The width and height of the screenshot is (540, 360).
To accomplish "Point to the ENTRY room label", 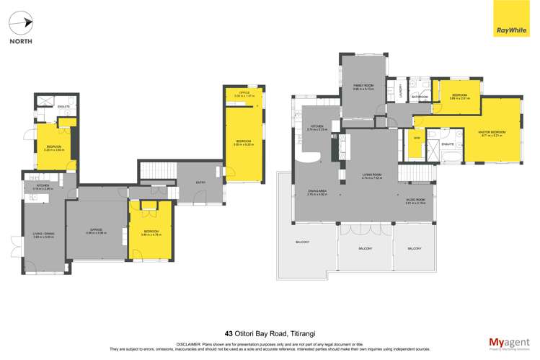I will (x=200, y=182).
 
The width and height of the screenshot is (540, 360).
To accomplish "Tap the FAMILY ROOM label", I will (x=363, y=85).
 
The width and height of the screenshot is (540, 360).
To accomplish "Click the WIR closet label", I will (x=416, y=137).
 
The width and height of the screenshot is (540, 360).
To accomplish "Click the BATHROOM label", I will (x=420, y=97).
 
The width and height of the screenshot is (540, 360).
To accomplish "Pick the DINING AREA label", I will (x=318, y=190).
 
